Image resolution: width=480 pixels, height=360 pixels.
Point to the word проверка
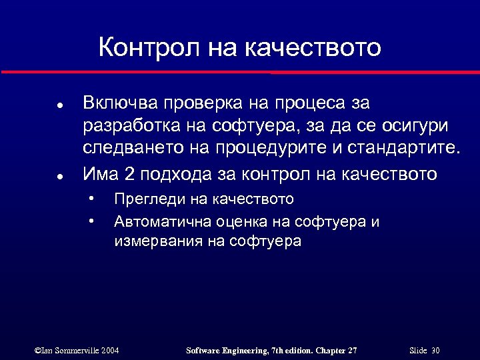tap(193, 104)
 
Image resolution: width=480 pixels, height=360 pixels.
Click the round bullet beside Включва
tap(60, 106)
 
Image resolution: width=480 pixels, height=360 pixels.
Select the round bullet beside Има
tap(60, 177)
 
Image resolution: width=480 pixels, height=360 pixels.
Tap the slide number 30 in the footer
tap(435, 350)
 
